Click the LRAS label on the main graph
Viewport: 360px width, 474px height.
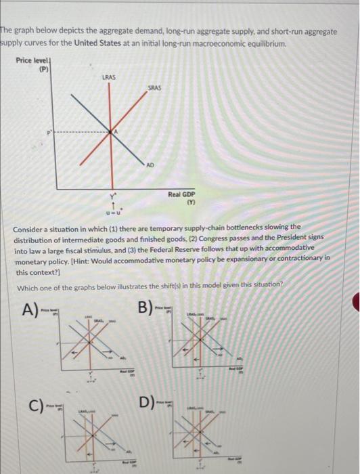(108, 77)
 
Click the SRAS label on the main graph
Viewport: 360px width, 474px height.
(154, 89)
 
